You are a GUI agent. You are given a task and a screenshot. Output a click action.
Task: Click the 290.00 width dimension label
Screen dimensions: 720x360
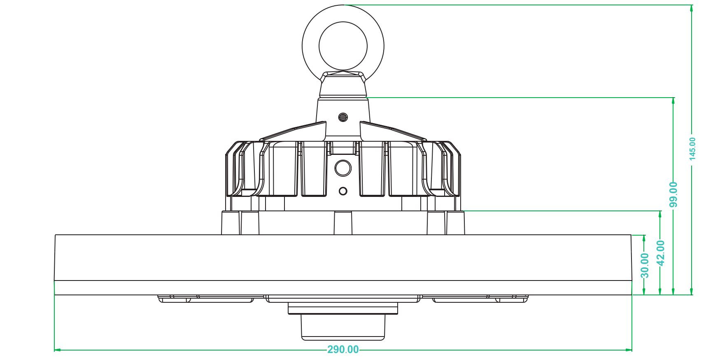tap(343, 350)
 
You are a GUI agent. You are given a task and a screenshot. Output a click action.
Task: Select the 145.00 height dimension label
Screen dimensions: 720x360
tap(692, 149)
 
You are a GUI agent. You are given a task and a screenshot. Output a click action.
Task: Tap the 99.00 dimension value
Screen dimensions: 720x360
tap(673, 194)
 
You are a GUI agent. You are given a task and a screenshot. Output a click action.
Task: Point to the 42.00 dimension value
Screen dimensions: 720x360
tap(660, 253)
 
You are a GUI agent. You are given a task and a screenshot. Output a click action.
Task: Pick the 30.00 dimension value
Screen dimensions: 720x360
tap(645, 266)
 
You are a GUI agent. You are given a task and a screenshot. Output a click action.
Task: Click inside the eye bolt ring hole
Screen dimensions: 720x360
tap(343, 46)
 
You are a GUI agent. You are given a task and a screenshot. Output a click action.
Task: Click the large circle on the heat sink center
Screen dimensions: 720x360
tap(343, 168)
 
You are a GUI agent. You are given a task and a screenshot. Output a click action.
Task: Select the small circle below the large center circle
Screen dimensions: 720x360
tap(343, 191)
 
